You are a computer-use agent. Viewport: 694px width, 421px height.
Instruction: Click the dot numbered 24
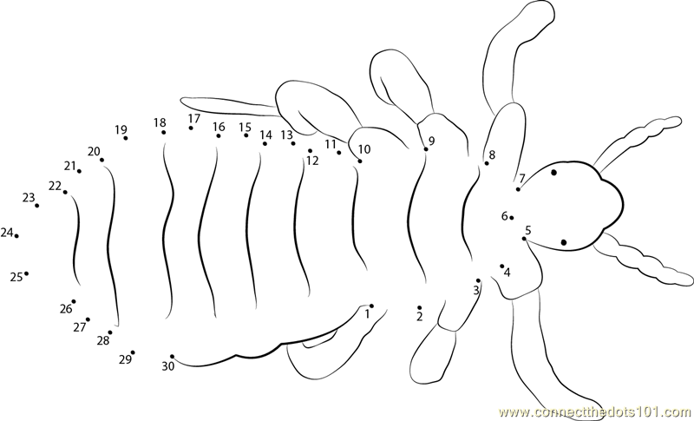coord(16,236)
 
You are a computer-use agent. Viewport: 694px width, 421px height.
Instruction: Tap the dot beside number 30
coord(172,357)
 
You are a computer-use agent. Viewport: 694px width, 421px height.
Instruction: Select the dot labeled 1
coord(371,306)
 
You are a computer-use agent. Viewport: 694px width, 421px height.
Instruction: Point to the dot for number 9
coord(426,149)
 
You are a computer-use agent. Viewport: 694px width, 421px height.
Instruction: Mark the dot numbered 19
coord(126,138)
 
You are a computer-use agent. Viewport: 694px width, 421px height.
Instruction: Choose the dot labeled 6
coord(512,217)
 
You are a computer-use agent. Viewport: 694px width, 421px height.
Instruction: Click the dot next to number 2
coord(419,307)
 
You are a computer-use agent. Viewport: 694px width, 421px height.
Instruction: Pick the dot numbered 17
coord(191,128)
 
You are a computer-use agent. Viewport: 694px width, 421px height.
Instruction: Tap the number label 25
coord(16,278)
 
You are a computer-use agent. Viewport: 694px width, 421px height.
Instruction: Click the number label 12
coord(312,161)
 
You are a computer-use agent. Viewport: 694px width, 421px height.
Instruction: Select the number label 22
coord(55,187)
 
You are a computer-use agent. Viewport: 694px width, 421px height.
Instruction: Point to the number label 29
coord(125,359)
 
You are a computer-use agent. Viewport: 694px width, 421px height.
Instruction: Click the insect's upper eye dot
coord(553,172)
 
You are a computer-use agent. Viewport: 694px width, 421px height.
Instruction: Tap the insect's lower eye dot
coord(563,242)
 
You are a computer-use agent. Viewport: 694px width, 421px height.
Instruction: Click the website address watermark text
coord(596,412)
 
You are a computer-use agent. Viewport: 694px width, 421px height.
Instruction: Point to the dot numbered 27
coord(88,319)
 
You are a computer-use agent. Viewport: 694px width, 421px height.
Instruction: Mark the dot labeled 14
coord(265,143)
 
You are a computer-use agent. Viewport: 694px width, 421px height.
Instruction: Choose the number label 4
coord(507,273)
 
